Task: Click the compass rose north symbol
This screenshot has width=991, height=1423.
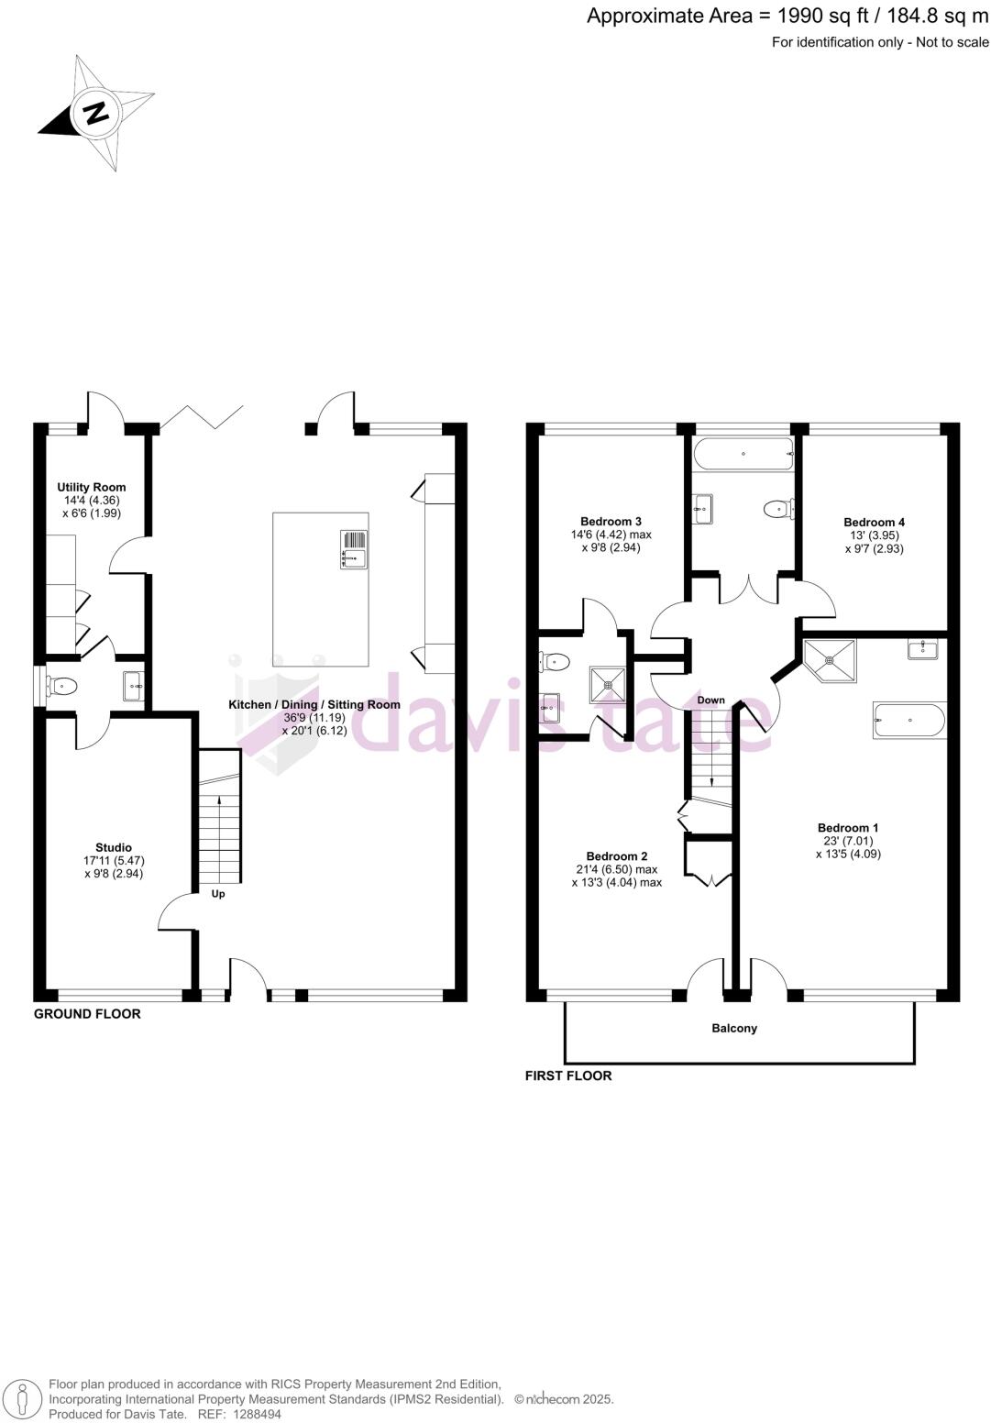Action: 95,113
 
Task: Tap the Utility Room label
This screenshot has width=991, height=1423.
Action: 92,488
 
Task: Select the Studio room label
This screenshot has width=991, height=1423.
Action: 114,847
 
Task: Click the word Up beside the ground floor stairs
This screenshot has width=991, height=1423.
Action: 218,894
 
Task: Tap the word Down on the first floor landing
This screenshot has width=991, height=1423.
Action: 710,700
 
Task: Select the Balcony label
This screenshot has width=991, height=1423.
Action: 734,1029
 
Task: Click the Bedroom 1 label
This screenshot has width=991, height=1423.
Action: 848,828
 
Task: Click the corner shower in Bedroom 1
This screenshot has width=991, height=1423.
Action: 831,660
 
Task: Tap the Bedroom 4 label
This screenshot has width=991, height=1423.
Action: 874,523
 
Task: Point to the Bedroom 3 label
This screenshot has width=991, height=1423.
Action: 611,522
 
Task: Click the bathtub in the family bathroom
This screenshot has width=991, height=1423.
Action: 743,454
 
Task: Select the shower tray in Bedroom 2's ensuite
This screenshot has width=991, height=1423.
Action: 606,684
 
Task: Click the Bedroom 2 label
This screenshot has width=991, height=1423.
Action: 616,856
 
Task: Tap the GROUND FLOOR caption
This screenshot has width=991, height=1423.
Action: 87,1014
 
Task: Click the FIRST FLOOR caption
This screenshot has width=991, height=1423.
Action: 567,1076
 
